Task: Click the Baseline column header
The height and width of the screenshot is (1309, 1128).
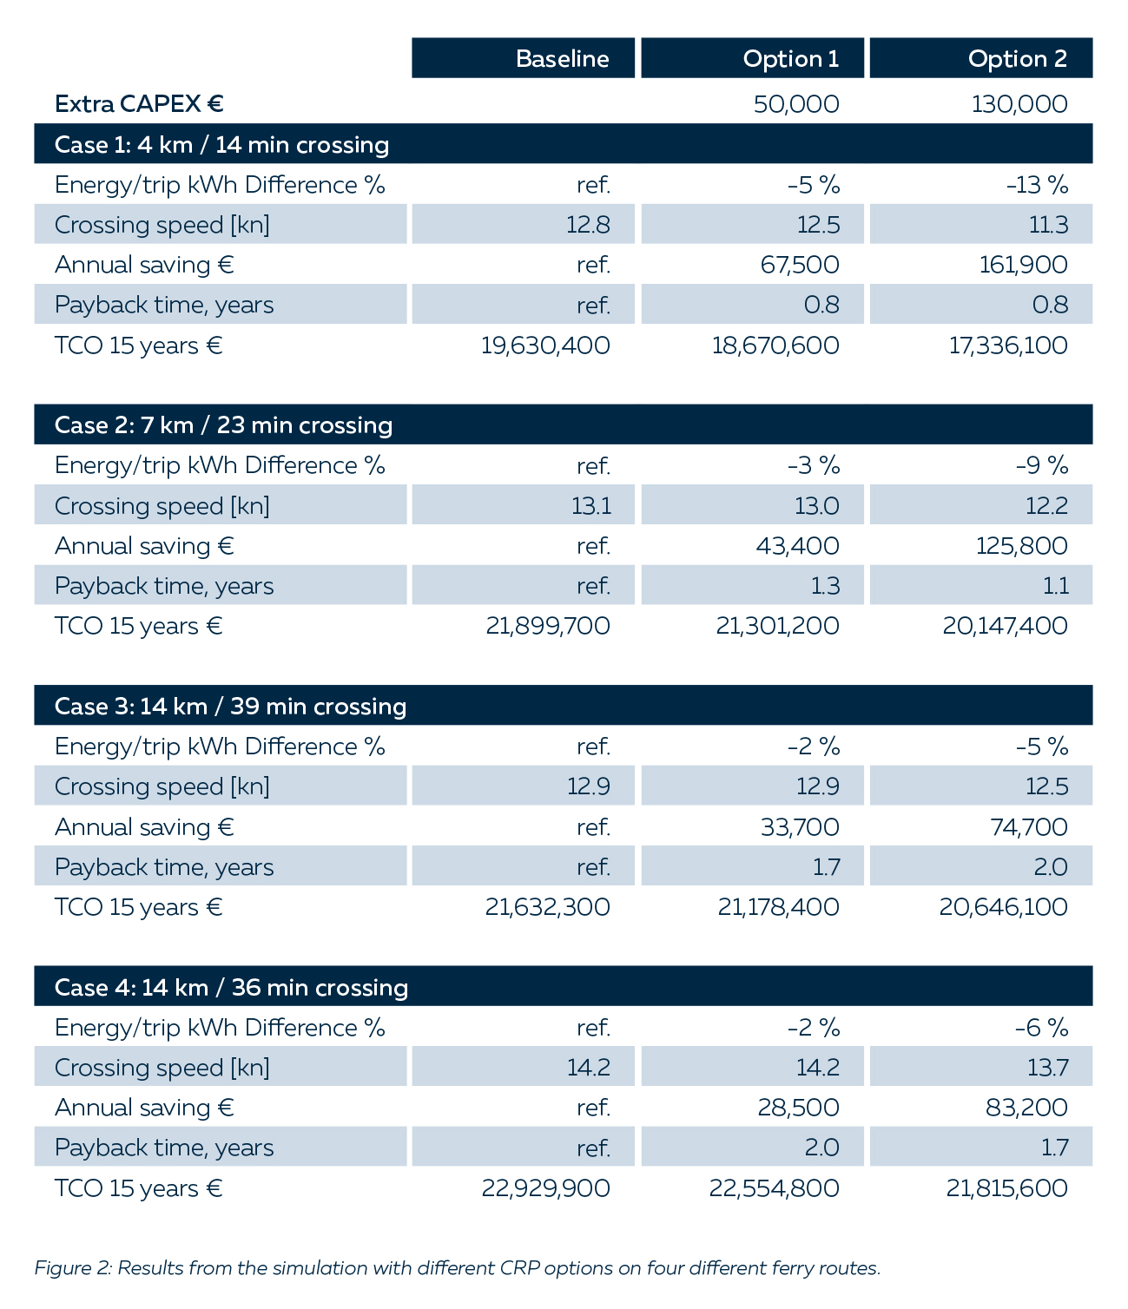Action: (x=562, y=58)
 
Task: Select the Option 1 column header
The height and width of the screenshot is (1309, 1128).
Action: (x=790, y=58)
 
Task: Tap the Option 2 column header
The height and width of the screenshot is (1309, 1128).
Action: (x=1017, y=58)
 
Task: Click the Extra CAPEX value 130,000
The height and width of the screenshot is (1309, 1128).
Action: (x=1019, y=104)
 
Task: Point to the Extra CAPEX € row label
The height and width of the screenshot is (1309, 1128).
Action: (x=139, y=104)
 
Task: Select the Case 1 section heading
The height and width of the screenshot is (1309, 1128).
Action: (x=221, y=144)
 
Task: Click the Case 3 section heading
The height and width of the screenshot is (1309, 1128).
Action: (x=230, y=706)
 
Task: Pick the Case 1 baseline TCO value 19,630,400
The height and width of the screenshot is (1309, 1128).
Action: (x=545, y=345)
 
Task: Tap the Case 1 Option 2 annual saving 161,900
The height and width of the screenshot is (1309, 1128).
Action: (x=1023, y=265)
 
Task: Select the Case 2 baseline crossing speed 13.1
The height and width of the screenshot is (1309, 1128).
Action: (x=590, y=505)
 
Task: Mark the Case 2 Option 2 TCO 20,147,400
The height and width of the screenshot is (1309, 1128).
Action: (x=1005, y=626)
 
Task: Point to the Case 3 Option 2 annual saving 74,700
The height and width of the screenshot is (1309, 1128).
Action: (x=1028, y=826)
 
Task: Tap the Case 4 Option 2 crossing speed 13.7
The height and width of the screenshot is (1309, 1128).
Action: (x=1047, y=1067)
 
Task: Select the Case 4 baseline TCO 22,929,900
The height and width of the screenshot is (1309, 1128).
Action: (x=545, y=1187)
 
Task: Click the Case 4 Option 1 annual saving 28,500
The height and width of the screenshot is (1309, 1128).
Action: (x=800, y=1108)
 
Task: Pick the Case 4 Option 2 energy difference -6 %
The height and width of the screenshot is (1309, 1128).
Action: (x=1041, y=1028)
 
